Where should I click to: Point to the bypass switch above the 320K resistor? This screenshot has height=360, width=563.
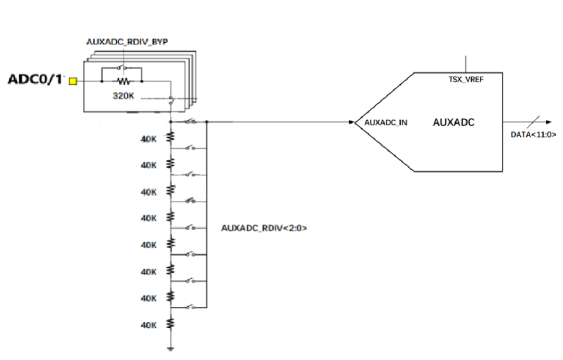tap(121, 68)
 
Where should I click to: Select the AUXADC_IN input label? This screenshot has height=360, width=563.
tap(386, 123)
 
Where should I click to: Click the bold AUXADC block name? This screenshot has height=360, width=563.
tap(454, 123)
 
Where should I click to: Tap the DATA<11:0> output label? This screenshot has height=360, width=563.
tap(533, 134)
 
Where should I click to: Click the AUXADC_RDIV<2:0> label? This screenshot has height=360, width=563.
tap(264, 227)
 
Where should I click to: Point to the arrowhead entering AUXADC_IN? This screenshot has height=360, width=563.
tap(351, 122)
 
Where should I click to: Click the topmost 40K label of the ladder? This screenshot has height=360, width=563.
tap(149, 139)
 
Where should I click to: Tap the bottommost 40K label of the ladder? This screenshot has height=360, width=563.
tap(149, 325)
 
